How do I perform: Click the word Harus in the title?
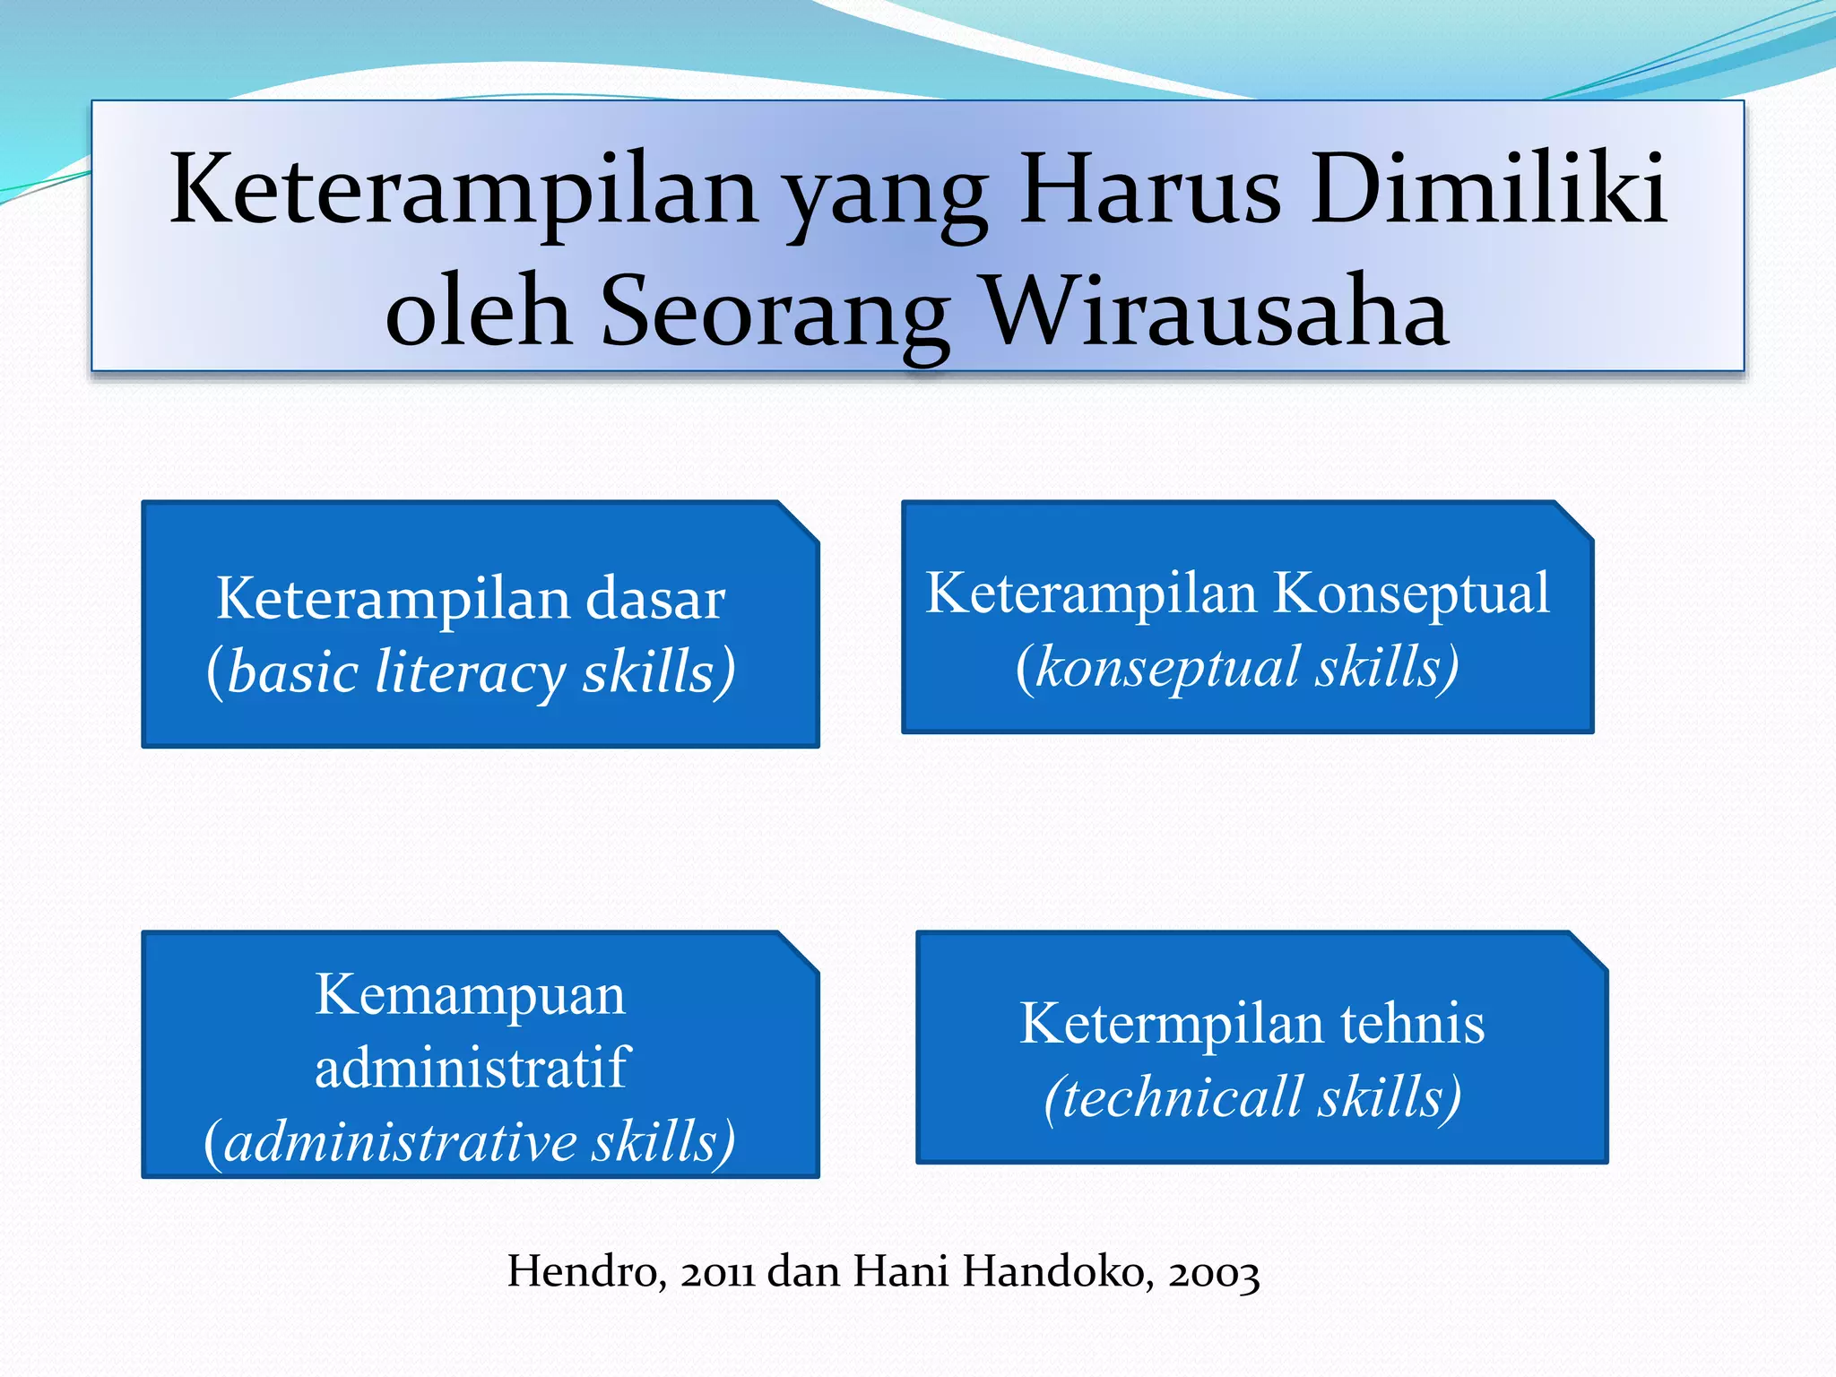[1150, 190]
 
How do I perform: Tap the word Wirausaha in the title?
[1216, 311]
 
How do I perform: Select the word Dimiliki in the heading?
[1488, 190]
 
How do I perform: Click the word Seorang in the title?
[774, 311]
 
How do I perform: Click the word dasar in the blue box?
[654, 599]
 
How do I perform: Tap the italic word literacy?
[470, 672]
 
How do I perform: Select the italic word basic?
[292, 672]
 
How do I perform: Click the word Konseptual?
[1411, 593]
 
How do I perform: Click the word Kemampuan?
[470, 995]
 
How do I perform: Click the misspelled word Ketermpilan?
[1172, 1024]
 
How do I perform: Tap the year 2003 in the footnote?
[1214, 1271]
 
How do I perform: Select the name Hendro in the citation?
[585, 1271]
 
